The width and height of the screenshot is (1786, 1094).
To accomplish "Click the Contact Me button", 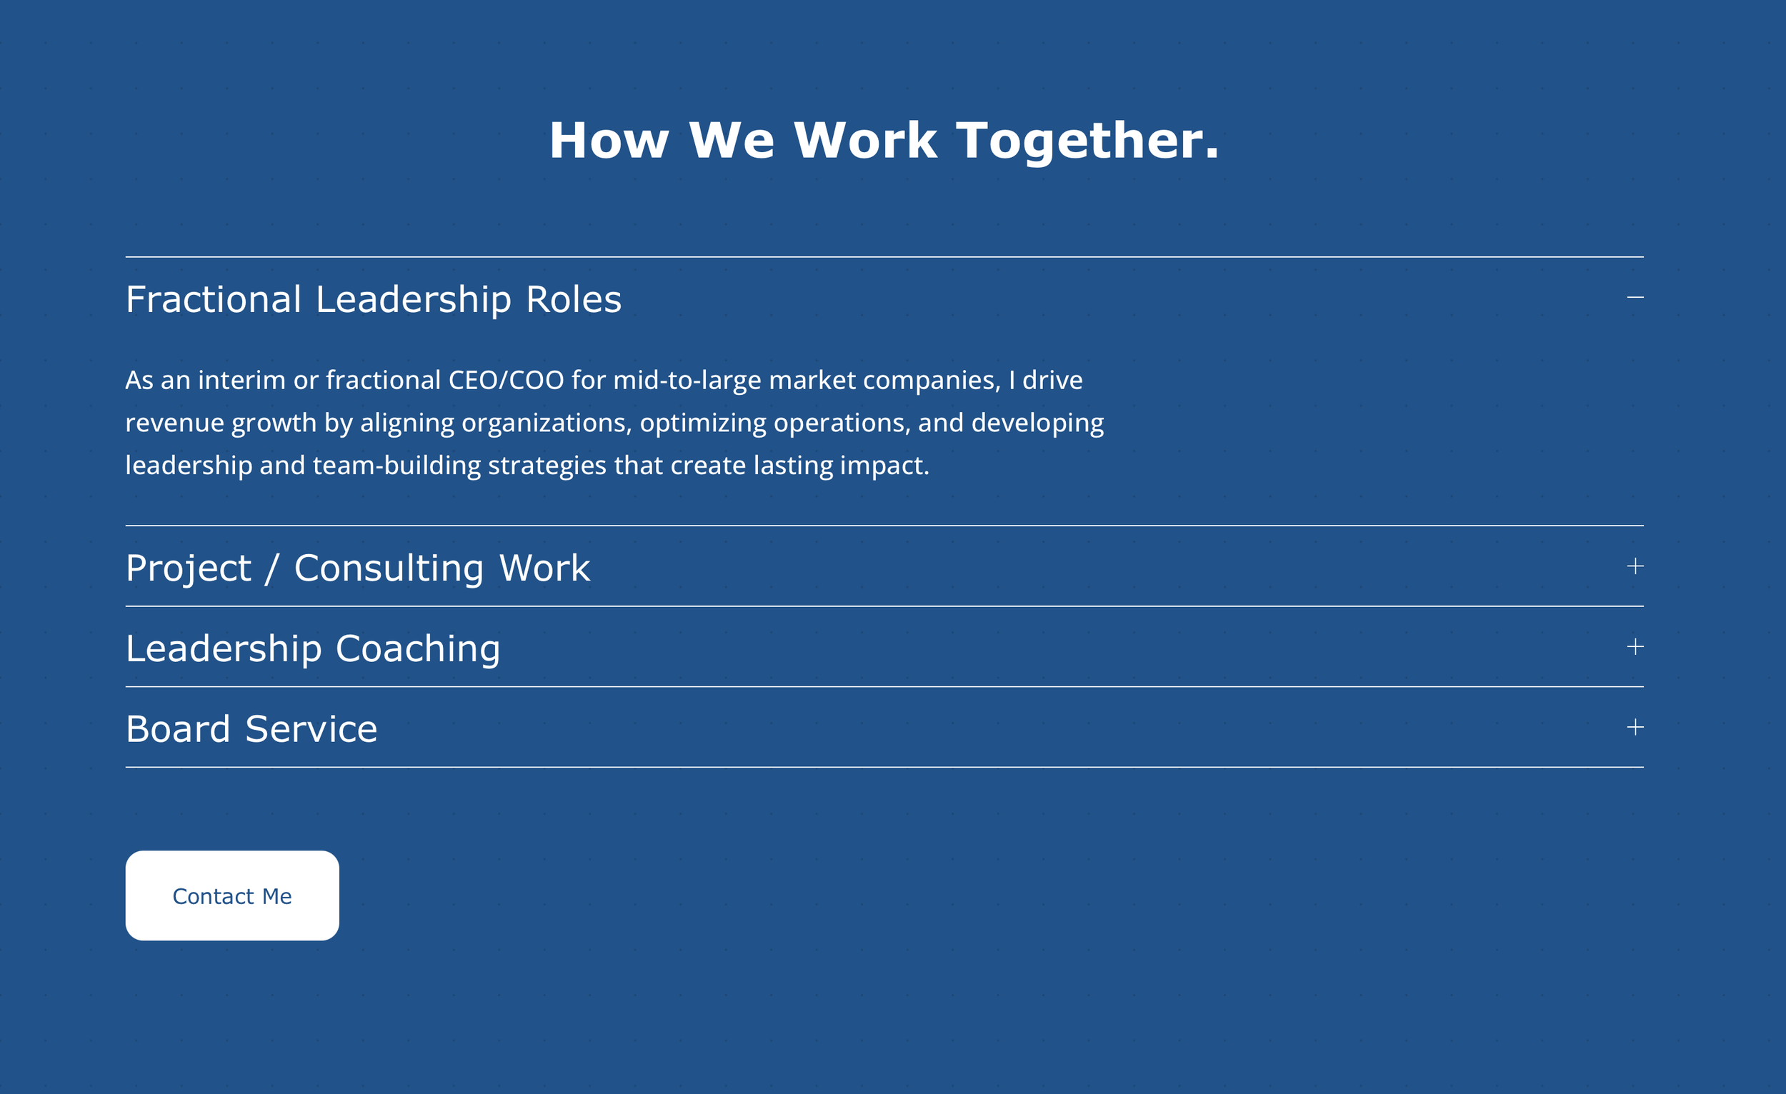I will pos(232,895).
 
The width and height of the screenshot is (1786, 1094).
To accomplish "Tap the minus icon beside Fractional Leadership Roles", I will pos(1635,297).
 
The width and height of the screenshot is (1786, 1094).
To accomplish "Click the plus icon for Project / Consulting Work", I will pos(1635,566).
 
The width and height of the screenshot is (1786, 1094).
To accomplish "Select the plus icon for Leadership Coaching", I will pos(1635,646).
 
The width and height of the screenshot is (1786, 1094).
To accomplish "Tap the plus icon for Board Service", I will pos(1635,727).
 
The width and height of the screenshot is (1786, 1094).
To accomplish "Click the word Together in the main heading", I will pos(1087,141).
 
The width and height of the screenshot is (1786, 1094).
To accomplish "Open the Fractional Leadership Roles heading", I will pos(374,299).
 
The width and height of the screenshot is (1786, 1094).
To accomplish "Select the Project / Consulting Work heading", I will pos(357,568).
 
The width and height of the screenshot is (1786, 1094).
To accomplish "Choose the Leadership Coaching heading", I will pos(312,648).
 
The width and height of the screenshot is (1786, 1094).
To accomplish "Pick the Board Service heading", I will pos(251,729).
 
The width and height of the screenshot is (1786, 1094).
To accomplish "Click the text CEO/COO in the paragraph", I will pos(506,381).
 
